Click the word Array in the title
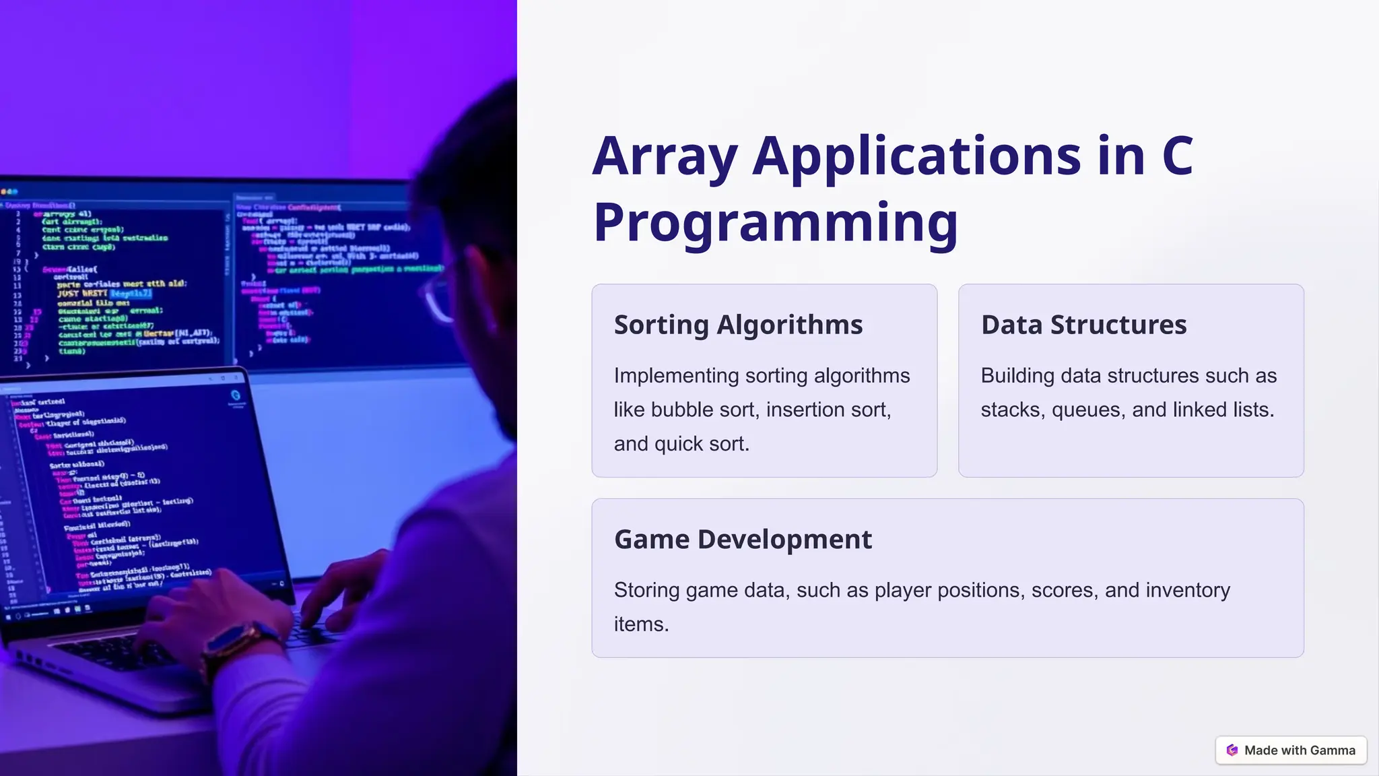click(665, 156)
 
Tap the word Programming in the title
click(775, 222)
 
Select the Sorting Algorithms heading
click(738, 325)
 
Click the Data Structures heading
click(1083, 325)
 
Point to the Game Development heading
click(743, 540)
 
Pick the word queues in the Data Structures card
click(1096, 410)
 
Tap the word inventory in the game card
click(1187, 590)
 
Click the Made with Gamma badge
click(1291, 750)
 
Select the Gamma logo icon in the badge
click(1232, 750)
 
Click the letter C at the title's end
click(1178, 156)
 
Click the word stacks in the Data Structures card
click(1010, 410)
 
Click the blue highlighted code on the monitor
click(131, 294)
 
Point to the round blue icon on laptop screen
click(236, 395)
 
